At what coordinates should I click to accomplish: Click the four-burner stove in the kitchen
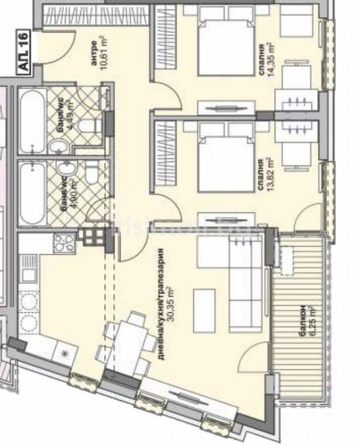tap(63, 243)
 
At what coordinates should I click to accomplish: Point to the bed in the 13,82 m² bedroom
tap(220, 158)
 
